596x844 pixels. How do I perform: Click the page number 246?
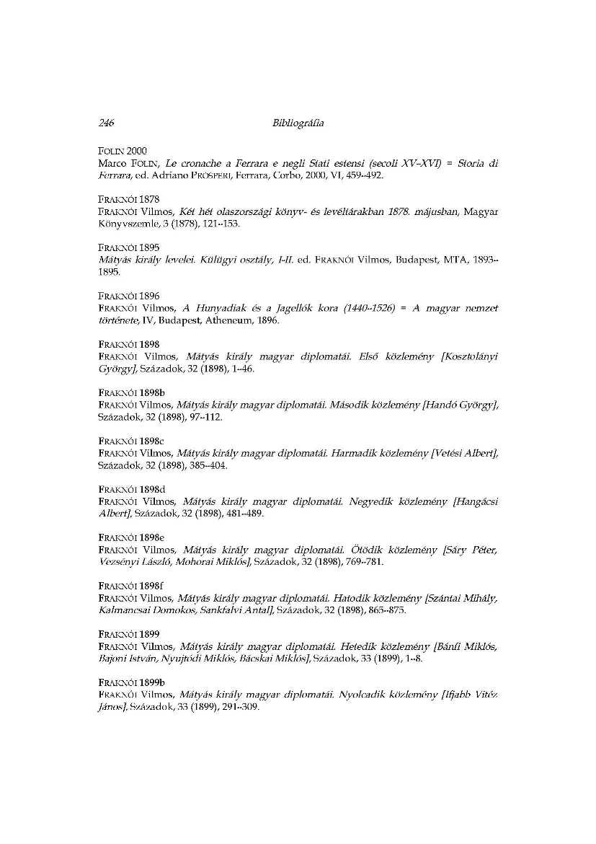point(107,123)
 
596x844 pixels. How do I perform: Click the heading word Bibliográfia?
point(298,123)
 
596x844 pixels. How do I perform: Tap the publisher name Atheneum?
point(223,321)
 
